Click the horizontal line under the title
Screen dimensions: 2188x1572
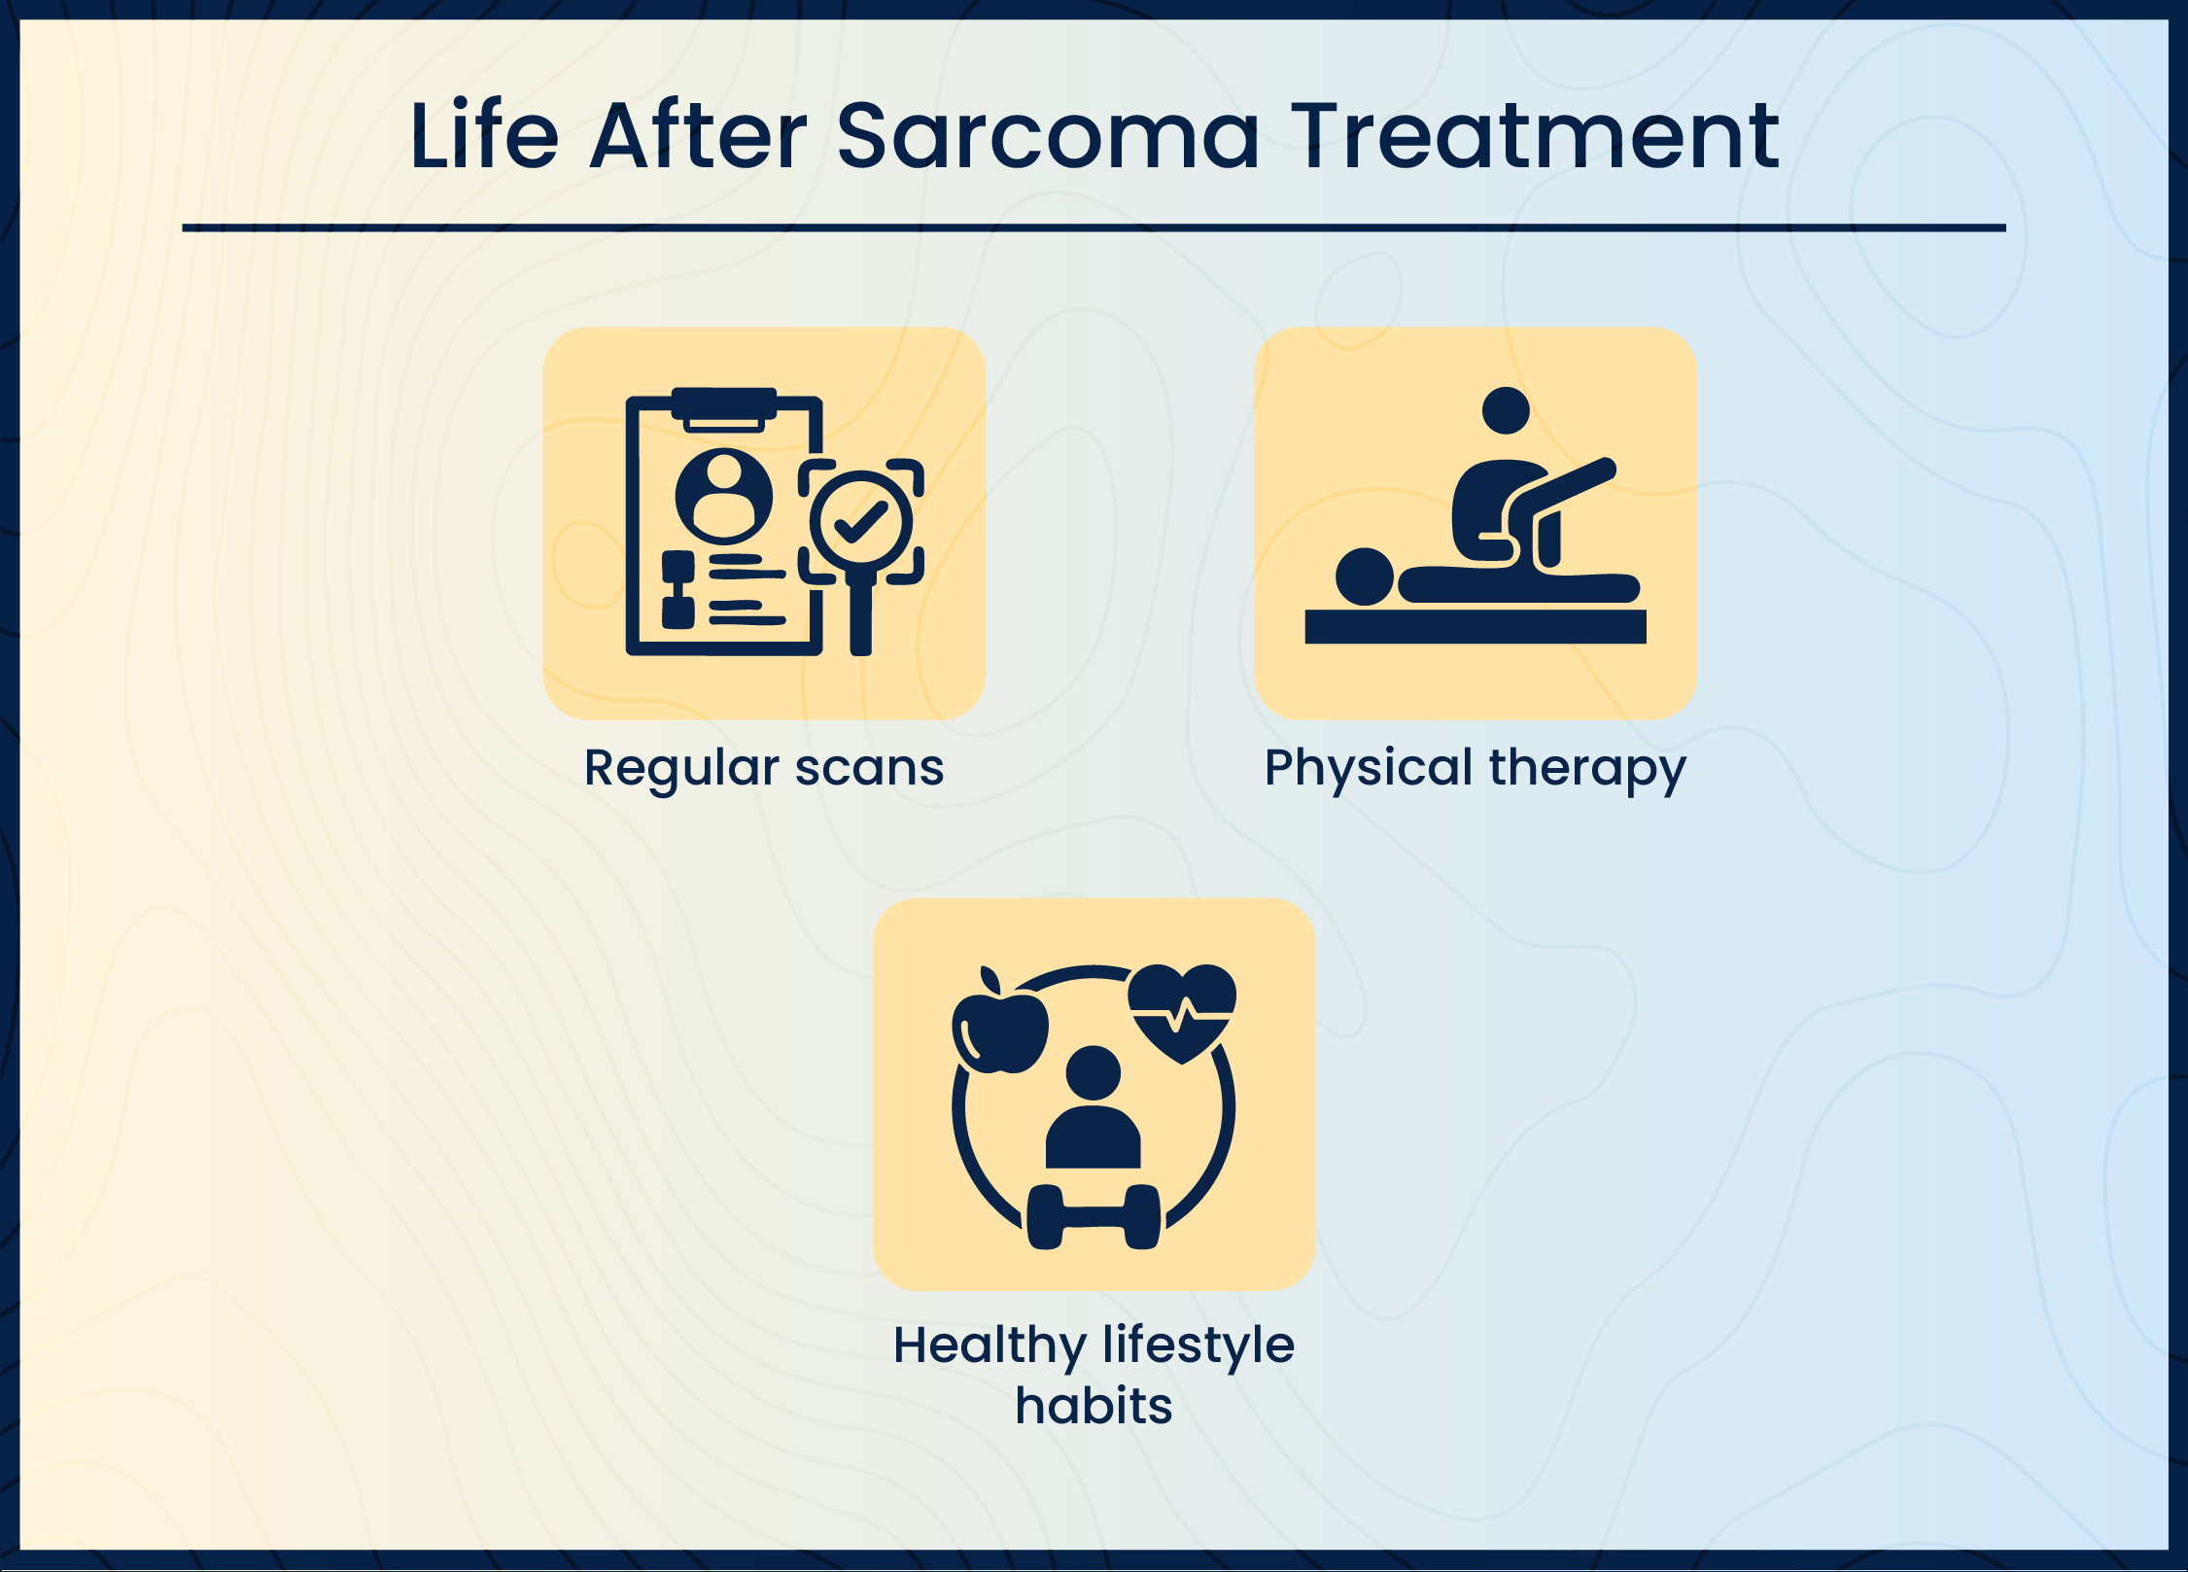pos(1094,227)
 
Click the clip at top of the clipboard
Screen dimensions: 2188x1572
pos(724,408)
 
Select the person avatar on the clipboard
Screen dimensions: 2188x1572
pos(724,496)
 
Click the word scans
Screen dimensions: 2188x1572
pos(869,769)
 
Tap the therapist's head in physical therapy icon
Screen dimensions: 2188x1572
pos(1506,410)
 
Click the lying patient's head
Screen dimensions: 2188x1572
pos(1365,576)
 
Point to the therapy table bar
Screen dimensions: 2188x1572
pos(1476,627)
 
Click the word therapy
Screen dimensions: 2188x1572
pos(1587,770)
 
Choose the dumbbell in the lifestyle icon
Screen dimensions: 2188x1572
pos(1094,1217)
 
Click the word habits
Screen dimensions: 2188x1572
pos(1094,1406)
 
